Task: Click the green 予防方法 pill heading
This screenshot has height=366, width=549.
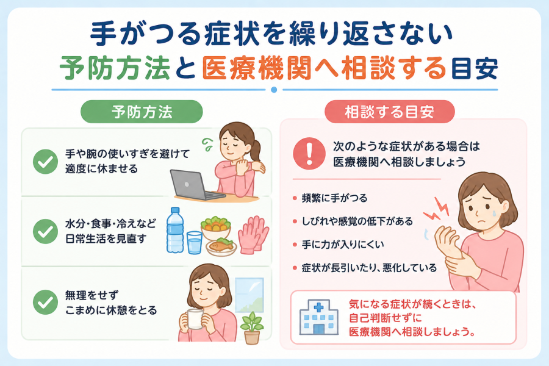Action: [x=142, y=112]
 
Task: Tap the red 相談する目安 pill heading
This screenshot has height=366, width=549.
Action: [x=389, y=112]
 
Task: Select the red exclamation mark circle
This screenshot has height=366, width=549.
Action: [x=309, y=153]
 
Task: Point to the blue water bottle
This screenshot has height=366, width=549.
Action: [x=175, y=230]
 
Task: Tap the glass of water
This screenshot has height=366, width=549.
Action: [x=195, y=242]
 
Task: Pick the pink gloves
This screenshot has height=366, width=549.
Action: [x=253, y=234]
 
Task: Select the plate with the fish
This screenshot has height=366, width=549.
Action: [x=221, y=247]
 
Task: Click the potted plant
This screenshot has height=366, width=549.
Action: [x=252, y=328]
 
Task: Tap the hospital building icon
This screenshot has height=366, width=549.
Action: [x=318, y=317]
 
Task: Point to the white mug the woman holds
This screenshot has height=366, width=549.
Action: [x=195, y=318]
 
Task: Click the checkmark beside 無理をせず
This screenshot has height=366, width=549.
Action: [x=45, y=302]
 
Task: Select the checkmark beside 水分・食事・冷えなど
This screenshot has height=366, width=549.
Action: [x=45, y=231]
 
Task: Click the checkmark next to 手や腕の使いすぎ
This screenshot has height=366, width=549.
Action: [x=45, y=162]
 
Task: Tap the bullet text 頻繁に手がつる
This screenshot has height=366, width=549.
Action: [x=334, y=198]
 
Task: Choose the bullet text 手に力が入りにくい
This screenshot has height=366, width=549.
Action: [x=343, y=245]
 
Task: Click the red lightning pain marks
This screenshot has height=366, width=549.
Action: [x=436, y=209]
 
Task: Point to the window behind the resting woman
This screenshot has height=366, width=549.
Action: [x=249, y=295]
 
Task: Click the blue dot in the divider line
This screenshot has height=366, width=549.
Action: [x=274, y=90]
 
